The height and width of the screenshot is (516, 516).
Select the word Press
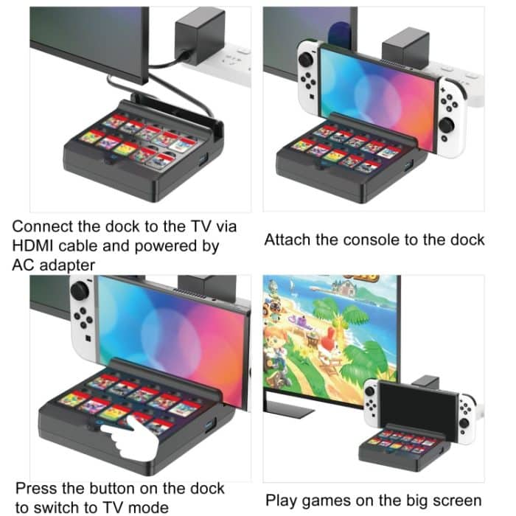(36, 488)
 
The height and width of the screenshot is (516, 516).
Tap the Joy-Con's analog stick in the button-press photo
(80, 291)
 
